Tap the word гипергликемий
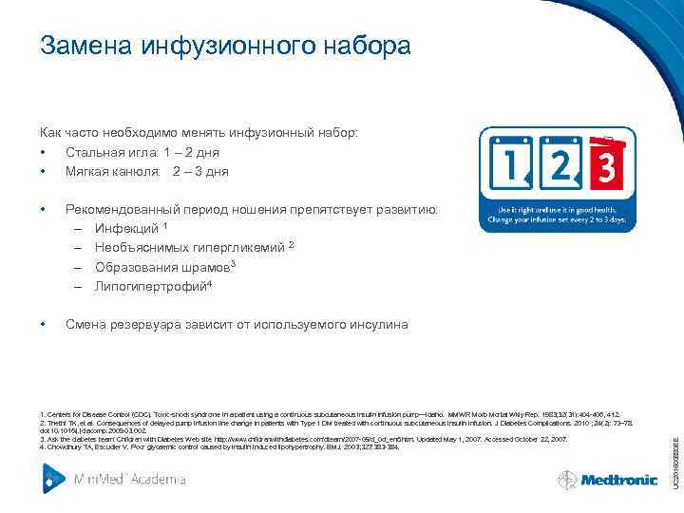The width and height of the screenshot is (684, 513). click(245, 248)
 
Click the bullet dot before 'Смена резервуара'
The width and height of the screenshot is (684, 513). click(44, 325)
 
